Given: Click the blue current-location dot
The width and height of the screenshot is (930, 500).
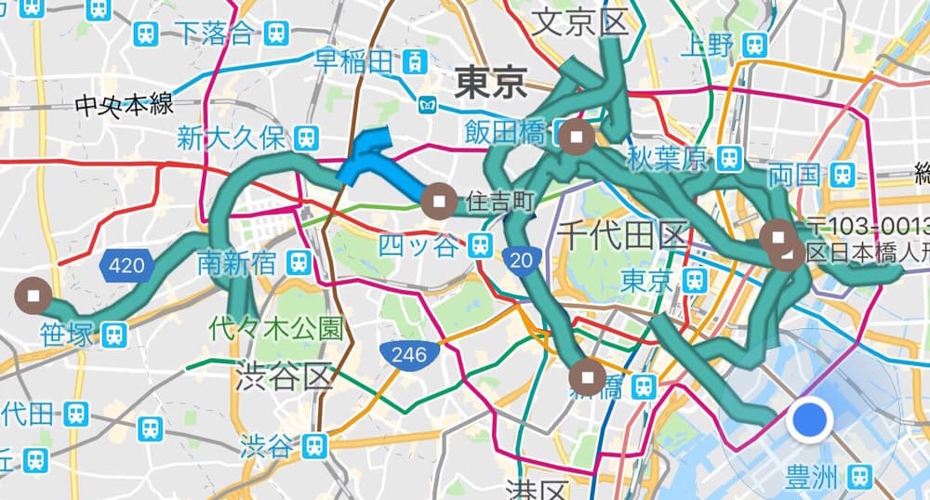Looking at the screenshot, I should coord(809,420).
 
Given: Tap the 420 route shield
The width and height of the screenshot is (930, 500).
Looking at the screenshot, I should coord(126,267).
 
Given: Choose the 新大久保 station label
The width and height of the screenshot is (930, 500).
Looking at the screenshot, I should coord(231,139).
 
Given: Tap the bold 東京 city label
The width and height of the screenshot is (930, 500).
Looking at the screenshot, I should coord(490,86).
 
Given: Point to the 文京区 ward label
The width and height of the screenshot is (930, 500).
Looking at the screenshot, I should coord(579,22).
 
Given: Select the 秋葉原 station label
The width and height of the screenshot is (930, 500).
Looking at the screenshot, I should coord(668,159).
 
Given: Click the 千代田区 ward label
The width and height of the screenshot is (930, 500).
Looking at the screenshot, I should coord(621,234).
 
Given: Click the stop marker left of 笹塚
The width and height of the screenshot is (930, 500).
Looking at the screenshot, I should coord(34,296).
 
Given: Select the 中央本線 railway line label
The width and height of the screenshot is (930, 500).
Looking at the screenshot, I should coord(125,104).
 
